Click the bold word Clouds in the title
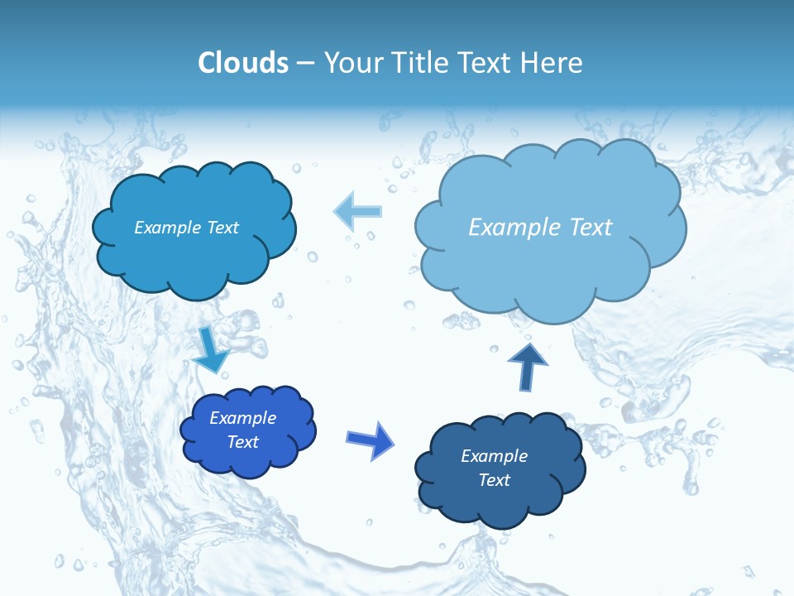click(243, 63)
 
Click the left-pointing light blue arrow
click(357, 211)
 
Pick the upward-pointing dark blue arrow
click(528, 367)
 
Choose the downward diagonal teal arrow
click(211, 349)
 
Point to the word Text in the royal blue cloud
click(243, 442)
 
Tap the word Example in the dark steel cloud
click(494, 456)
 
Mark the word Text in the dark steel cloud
click(494, 480)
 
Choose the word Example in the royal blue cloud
click(243, 418)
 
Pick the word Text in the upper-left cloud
click(222, 228)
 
